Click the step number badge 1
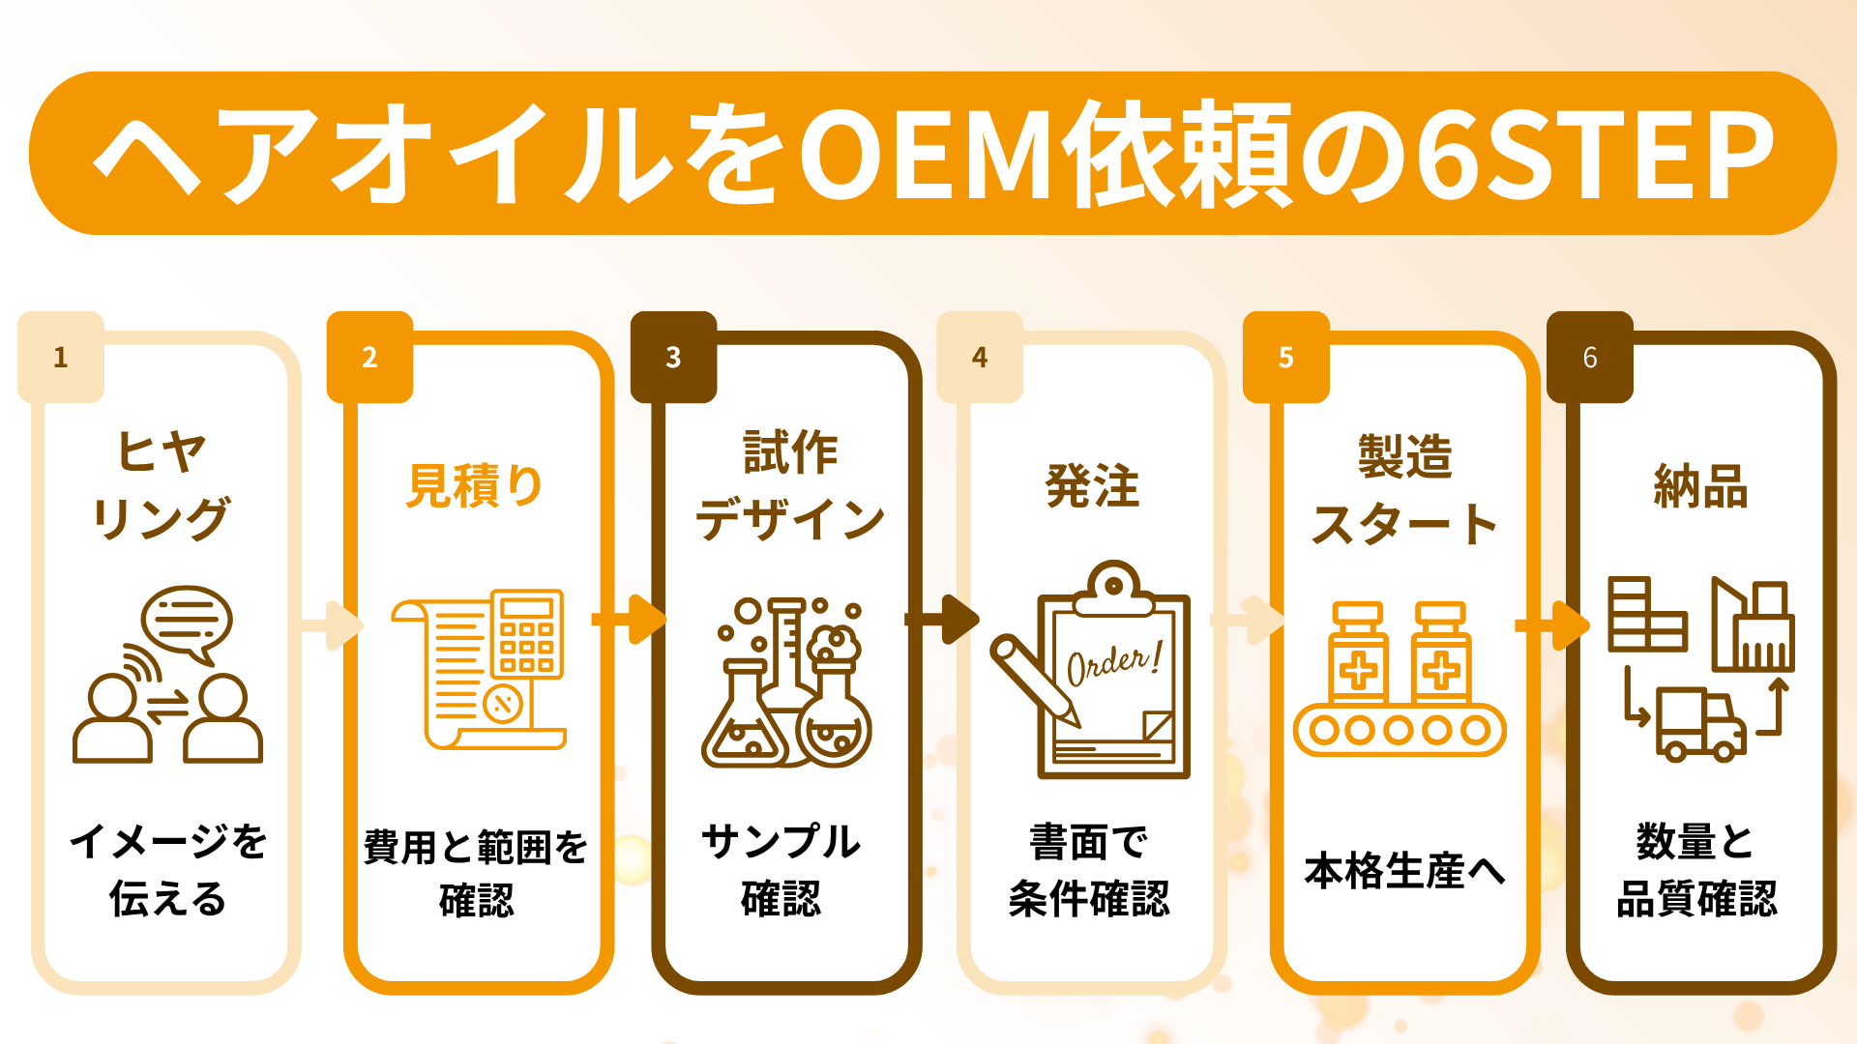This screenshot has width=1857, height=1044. click(x=61, y=358)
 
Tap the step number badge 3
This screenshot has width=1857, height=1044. click(x=673, y=358)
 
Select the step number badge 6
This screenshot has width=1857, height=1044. click(x=1590, y=358)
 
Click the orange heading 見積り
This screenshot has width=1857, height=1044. click(x=474, y=485)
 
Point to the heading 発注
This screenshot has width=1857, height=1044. click(x=1092, y=485)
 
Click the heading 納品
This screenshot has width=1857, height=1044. click(x=1700, y=485)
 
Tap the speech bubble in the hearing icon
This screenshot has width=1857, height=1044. click(x=186, y=623)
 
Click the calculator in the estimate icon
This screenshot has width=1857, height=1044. click(x=526, y=634)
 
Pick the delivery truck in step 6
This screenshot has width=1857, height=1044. click(x=1700, y=725)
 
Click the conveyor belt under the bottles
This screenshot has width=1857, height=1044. click(x=1400, y=730)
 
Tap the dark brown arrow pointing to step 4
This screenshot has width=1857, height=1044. click(x=944, y=619)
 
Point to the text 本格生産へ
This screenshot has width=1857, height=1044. click(x=1404, y=871)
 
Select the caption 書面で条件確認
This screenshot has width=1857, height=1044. click(x=1089, y=870)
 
